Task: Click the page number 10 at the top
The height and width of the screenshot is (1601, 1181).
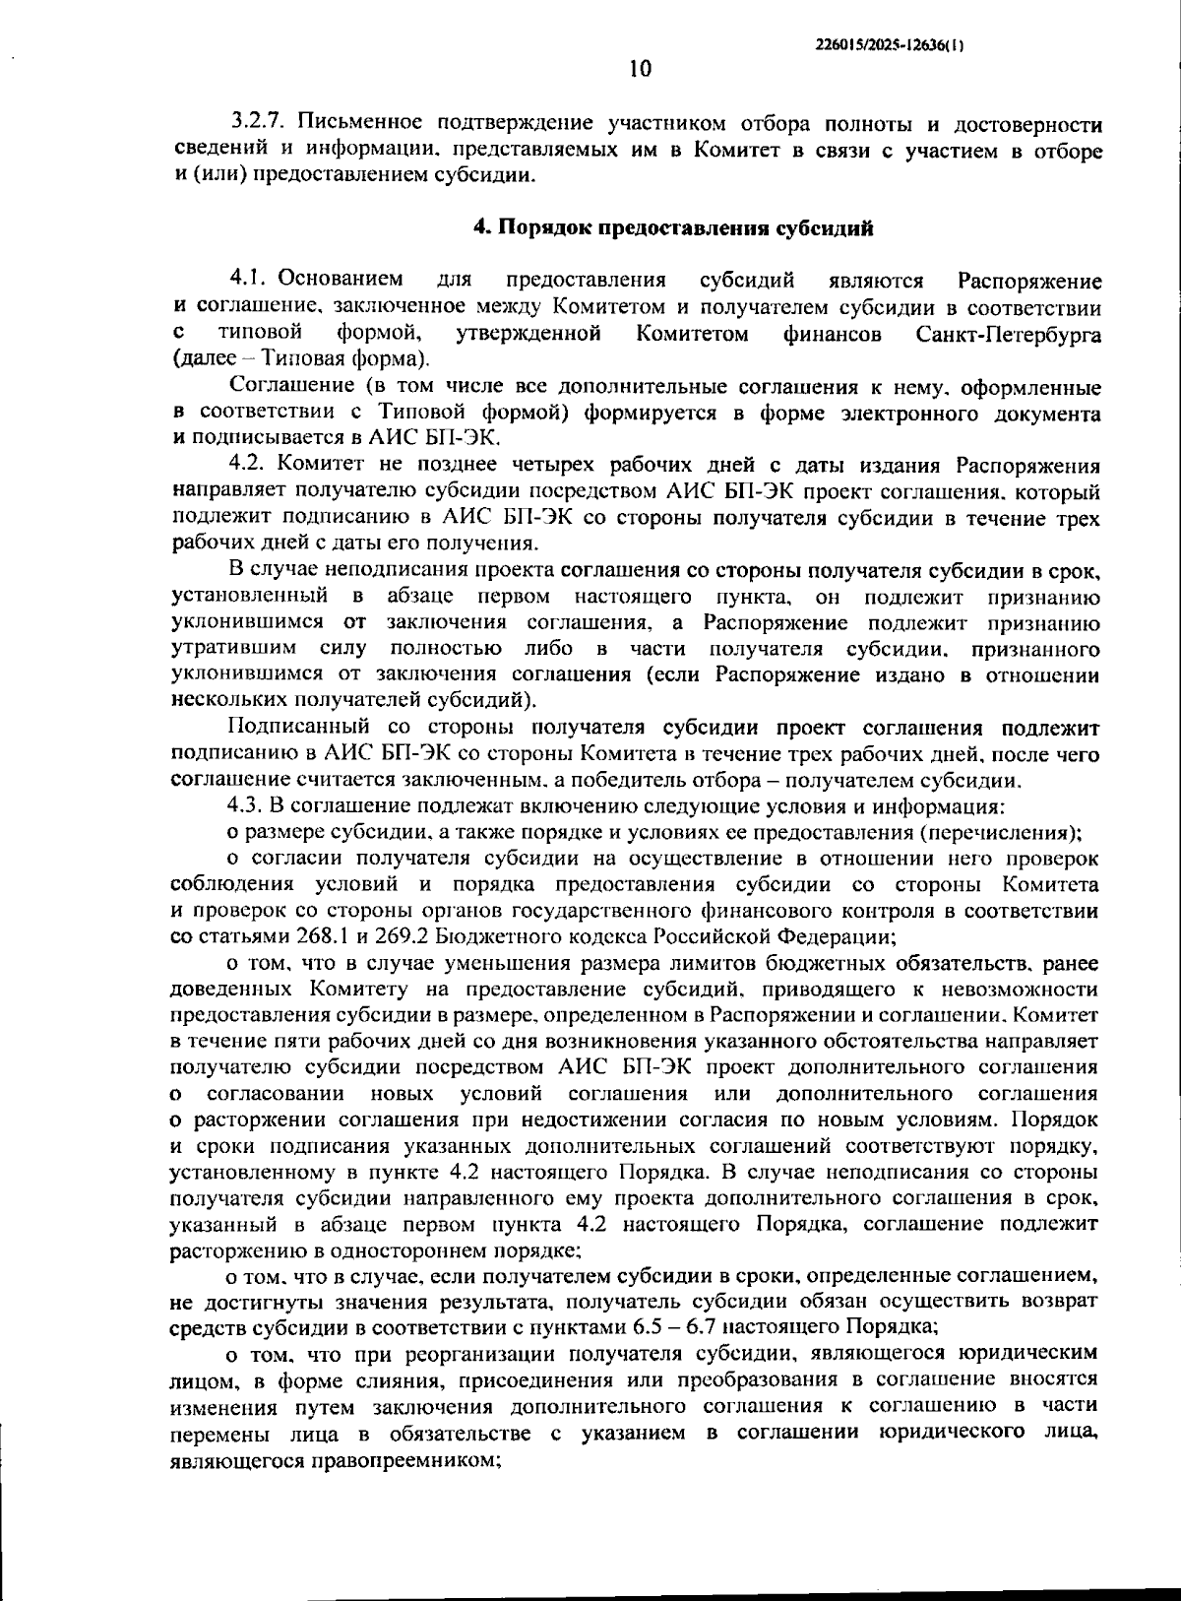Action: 639,69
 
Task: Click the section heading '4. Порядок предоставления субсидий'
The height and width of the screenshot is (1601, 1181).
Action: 673,228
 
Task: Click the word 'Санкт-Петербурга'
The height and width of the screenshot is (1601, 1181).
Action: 1008,334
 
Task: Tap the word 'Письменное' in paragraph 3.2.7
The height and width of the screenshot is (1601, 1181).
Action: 349,124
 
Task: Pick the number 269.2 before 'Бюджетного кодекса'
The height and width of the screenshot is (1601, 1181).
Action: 401,934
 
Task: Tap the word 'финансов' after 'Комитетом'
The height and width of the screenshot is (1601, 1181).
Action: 832,334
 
